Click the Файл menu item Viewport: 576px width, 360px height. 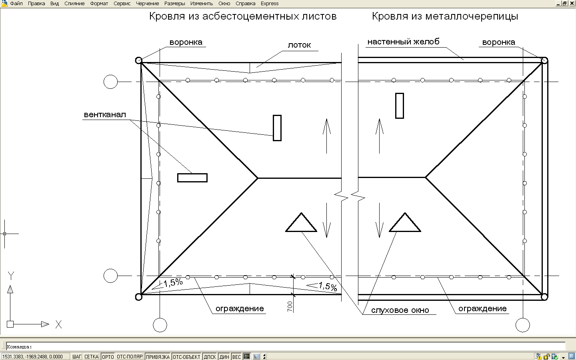point(16,4)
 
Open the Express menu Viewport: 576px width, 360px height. point(270,4)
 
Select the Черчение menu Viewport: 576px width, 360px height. point(147,4)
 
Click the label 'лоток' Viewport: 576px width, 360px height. point(299,45)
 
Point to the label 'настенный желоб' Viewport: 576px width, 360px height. point(403,42)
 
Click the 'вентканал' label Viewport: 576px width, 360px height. point(105,114)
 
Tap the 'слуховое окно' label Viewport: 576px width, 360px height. point(400,310)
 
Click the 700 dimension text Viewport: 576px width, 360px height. point(290,306)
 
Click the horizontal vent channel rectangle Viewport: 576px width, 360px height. point(192,178)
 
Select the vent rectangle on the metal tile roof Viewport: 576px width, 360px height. point(399,106)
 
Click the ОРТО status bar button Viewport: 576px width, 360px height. point(108,357)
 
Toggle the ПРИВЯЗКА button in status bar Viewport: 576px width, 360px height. point(158,357)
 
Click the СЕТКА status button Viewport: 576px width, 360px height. point(91,357)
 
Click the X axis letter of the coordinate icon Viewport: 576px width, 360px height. point(59,324)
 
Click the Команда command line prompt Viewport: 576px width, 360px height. point(19,347)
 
